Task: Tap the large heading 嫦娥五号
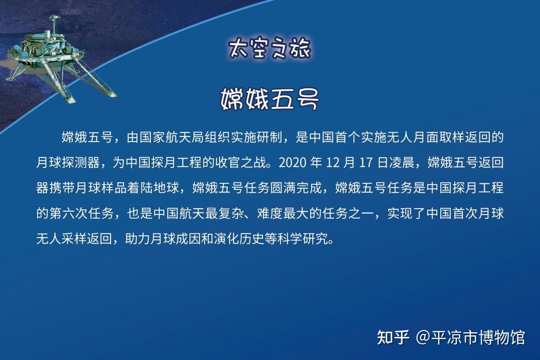(269, 99)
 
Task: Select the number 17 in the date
(366, 163)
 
